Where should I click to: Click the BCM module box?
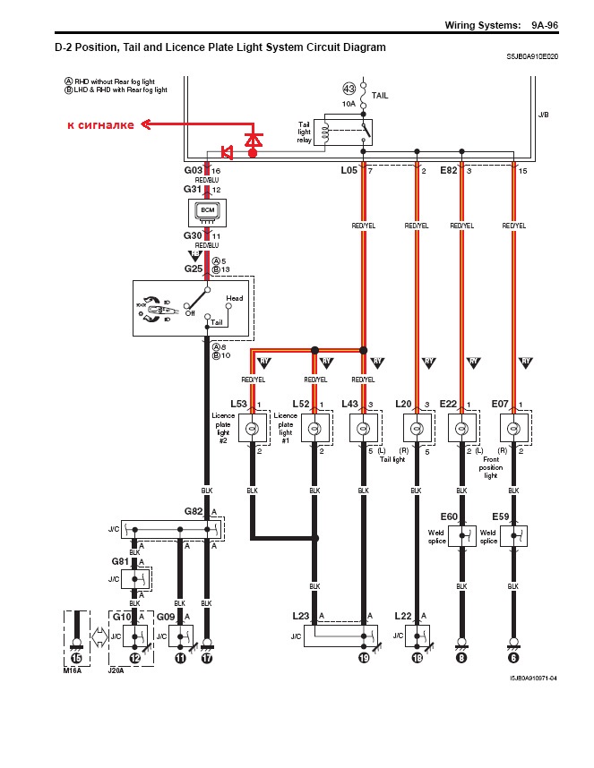(208, 212)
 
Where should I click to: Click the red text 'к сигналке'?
(100, 125)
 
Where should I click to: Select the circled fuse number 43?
(349, 89)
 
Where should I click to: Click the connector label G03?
(194, 169)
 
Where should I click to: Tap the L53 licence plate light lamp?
(254, 429)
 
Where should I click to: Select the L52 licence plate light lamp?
(314, 429)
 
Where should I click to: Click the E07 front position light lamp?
(513, 429)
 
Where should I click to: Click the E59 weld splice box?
(513, 536)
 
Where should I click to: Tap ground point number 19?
(364, 658)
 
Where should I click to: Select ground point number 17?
(207, 658)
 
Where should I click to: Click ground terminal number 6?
(513, 658)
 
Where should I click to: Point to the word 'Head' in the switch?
(234, 298)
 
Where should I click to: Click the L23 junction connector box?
(339, 636)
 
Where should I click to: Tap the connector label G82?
(194, 512)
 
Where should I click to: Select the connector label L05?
(349, 169)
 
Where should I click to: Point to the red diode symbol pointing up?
(254, 141)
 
